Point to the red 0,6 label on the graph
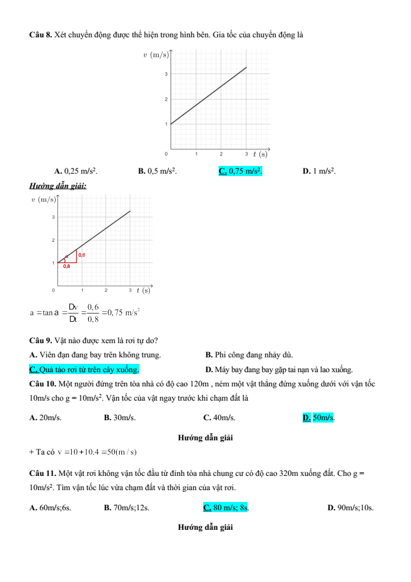tap(82, 255)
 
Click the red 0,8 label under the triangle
tap(67, 267)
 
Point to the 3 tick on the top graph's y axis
tap(166, 74)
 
